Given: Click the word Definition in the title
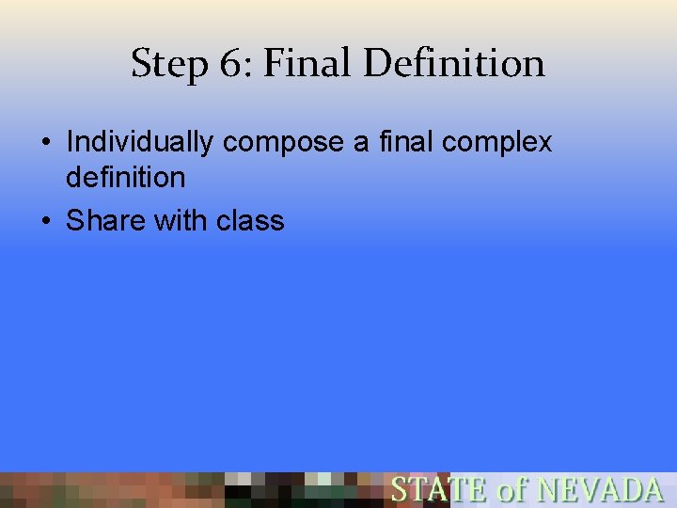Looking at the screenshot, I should tap(453, 63).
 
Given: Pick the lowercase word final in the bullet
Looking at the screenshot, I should tap(406, 142).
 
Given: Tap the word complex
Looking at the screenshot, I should tap(496, 143).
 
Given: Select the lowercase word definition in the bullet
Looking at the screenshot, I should tap(125, 177).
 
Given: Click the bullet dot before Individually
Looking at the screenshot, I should tap(45, 144).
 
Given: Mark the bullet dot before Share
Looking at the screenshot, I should tap(45, 222).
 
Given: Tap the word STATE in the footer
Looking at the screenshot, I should tap(439, 490).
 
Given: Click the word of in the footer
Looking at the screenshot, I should tap(513, 490).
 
